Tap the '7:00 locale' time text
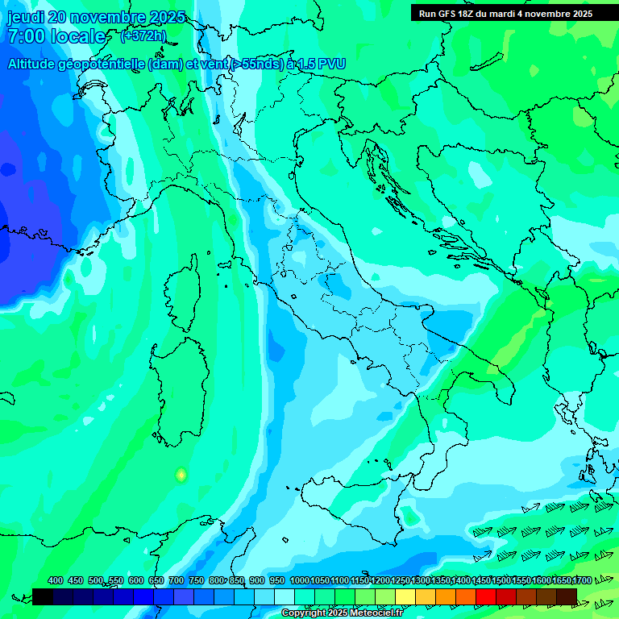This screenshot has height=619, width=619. [x=56, y=36]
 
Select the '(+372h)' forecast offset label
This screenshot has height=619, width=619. [x=143, y=36]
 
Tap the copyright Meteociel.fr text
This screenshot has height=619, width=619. [x=345, y=613]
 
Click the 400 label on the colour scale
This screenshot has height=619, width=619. [x=56, y=581]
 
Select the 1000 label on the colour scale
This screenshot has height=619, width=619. [x=299, y=581]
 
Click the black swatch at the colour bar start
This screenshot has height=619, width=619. [x=43, y=596]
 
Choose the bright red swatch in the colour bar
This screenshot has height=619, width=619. [x=486, y=596]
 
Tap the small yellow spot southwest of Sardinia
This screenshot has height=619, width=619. [x=181, y=475]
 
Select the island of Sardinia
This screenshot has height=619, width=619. [x=176, y=391]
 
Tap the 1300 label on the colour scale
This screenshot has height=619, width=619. [x=421, y=581]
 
